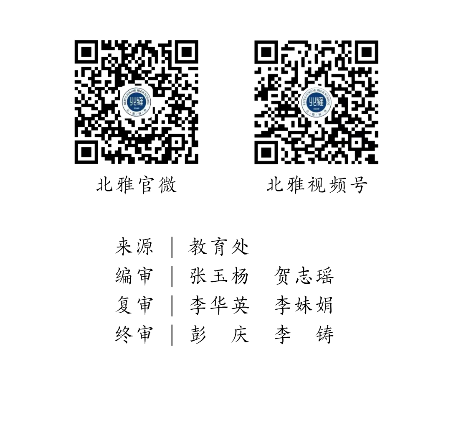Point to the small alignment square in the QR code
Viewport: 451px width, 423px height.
(x=357, y=143)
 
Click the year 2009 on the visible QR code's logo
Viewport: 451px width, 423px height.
(x=317, y=109)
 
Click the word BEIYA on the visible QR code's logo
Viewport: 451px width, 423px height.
(x=304, y=99)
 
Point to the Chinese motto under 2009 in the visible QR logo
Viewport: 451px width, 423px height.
(x=317, y=114)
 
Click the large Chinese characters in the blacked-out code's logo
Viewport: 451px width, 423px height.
(x=137, y=102)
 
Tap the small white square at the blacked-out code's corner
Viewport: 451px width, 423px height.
(x=73, y=39)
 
